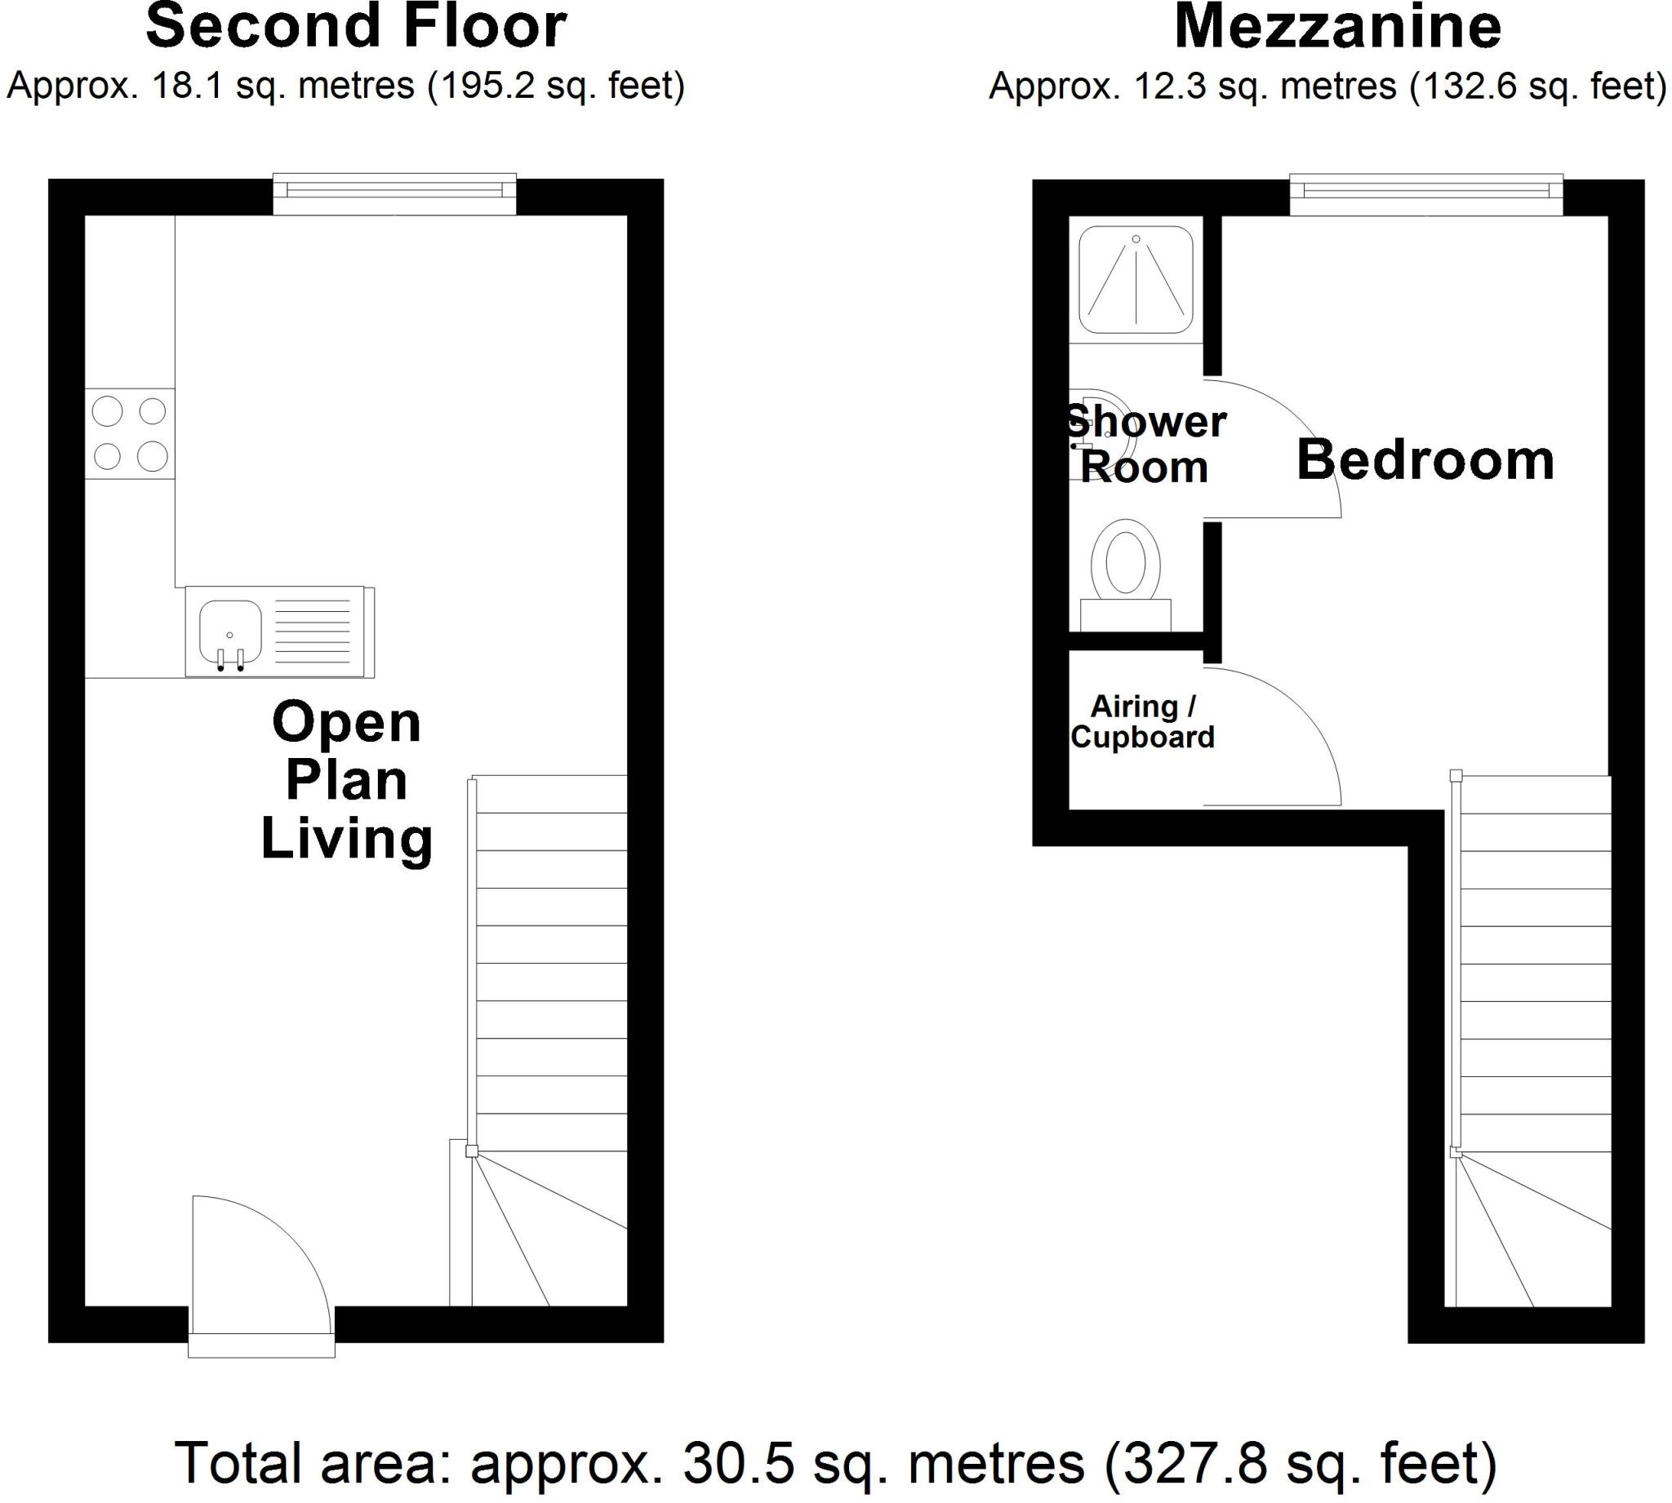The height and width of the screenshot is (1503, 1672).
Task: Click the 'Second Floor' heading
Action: pos(356,26)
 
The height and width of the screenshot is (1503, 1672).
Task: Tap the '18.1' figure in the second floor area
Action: pos(188,86)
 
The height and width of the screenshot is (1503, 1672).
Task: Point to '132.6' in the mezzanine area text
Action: pos(1463,86)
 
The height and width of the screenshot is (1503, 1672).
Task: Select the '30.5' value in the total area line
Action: pos(740,1462)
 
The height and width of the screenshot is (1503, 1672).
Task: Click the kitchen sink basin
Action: pos(230,631)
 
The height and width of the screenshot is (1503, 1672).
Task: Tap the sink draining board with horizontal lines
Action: pos(312,632)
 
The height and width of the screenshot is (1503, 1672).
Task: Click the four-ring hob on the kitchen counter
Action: pos(130,433)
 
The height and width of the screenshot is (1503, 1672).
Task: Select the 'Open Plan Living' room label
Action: pos(346,780)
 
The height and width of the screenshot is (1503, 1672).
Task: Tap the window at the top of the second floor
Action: pos(395,190)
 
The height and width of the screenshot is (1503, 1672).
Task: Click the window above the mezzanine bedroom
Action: pos(1425,190)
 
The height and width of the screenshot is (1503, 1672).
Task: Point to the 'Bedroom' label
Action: pos(1425,460)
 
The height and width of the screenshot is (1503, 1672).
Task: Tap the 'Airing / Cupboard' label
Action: pos(1142,722)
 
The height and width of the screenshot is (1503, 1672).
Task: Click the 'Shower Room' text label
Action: pos(1145,446)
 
